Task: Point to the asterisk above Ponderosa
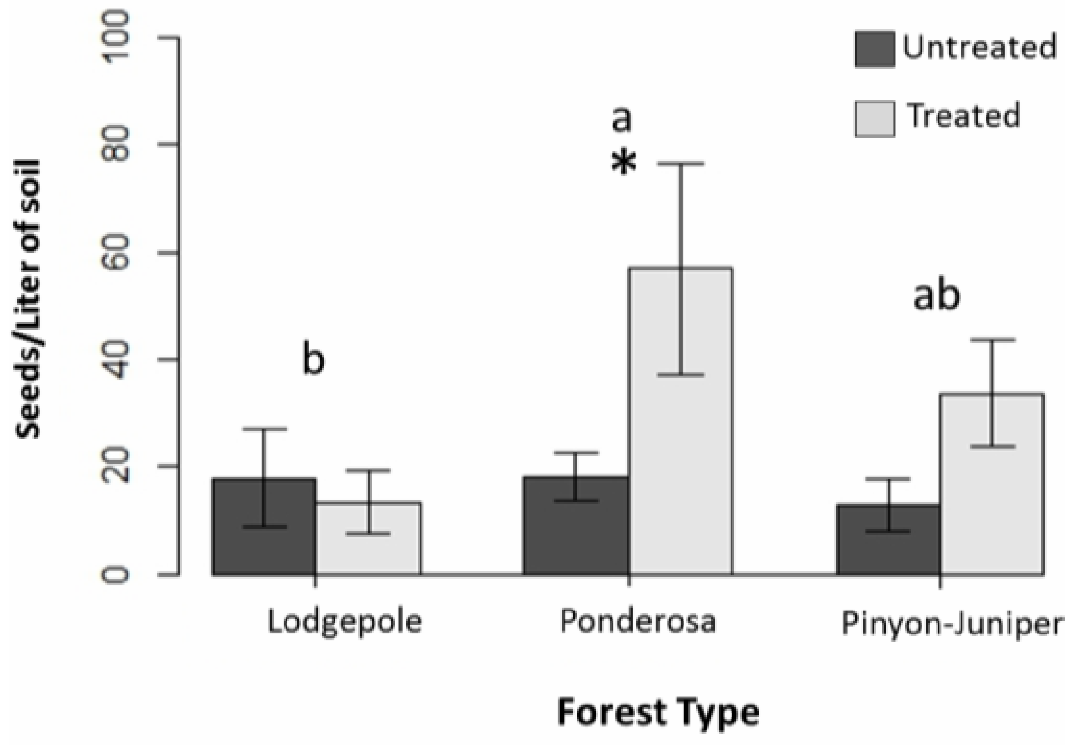point(623,165)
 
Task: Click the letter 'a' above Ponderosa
point(621,120)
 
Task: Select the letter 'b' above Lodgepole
point(313,360)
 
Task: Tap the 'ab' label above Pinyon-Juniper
point(936,296)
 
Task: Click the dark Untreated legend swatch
point(874,49)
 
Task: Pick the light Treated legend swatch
point(874,119)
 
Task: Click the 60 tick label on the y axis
point(118,253)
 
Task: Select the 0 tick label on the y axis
point(118,575)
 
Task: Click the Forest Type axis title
point(659,713)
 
